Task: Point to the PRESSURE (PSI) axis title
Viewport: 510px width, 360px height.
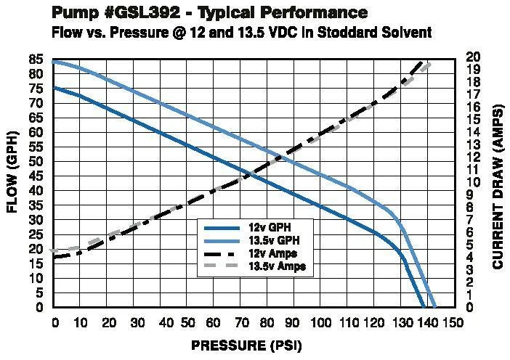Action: tap(246, 346)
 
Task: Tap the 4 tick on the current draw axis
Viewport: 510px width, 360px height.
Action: tap(471, 258)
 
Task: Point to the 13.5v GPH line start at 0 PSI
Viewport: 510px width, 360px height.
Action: tap(54, 62)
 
